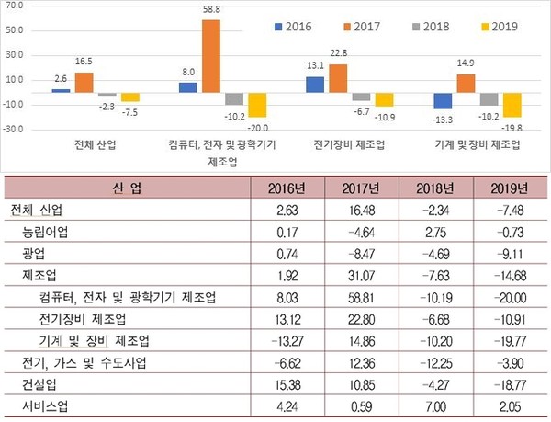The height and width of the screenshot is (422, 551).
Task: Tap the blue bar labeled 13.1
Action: click(315, 85)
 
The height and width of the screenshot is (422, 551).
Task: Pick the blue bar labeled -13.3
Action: click(443, 101)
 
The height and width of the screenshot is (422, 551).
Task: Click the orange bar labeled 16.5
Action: click(84, 83)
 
